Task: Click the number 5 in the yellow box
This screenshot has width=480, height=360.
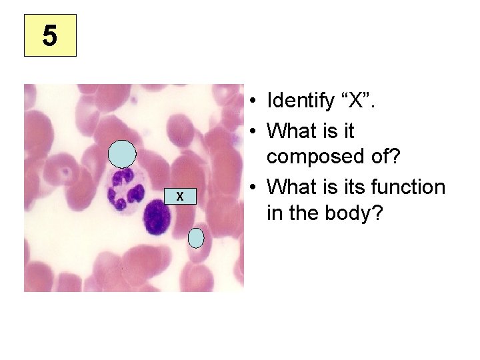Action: coord(50,35)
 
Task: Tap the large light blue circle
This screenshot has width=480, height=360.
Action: coord(123,154)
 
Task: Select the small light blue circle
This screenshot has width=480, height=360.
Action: coord(195,237)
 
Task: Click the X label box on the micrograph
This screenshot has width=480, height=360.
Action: coord(179,195)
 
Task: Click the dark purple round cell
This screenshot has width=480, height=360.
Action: coord(157,217)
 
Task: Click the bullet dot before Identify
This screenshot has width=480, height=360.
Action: coord(255,102)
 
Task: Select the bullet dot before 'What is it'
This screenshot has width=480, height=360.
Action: coord(255,131)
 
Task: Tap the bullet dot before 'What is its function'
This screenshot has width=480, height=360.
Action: coord(255,188)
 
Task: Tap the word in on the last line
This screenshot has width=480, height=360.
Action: coord(273,214)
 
